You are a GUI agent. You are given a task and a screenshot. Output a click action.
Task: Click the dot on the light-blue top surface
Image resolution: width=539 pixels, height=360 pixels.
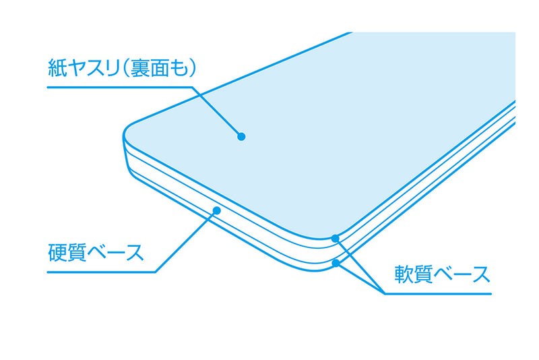point(241,136)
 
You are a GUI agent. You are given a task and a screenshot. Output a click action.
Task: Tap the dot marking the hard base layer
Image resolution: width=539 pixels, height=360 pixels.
point(216,210)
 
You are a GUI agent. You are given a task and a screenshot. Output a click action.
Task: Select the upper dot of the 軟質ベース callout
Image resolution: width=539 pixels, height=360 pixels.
point(335,238)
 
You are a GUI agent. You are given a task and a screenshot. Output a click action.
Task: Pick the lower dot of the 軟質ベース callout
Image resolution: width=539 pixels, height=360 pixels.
point(336,264)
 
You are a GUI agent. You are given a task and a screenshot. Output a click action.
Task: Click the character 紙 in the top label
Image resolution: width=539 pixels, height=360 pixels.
point(57,68)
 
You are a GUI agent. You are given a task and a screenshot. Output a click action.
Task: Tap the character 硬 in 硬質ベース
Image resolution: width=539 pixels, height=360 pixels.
point(57,253)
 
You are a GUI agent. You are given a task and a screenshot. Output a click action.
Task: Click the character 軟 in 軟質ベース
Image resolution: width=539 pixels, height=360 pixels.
point(404,274)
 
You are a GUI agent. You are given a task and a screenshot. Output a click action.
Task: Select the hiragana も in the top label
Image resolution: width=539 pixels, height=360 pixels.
point(179,68)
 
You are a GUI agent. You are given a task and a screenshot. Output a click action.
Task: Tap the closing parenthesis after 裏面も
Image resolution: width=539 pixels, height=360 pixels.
point(193,68)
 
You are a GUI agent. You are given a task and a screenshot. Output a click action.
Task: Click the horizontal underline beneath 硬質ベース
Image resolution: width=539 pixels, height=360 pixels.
point(102,272)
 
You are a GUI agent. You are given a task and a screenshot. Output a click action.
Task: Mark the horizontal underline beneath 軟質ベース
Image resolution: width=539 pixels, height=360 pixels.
point(438,294)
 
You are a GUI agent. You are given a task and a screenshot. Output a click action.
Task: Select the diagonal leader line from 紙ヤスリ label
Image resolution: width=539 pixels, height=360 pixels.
point(216,112)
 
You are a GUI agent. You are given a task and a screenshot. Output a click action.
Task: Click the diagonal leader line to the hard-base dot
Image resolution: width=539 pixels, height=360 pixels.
point(186,241)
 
